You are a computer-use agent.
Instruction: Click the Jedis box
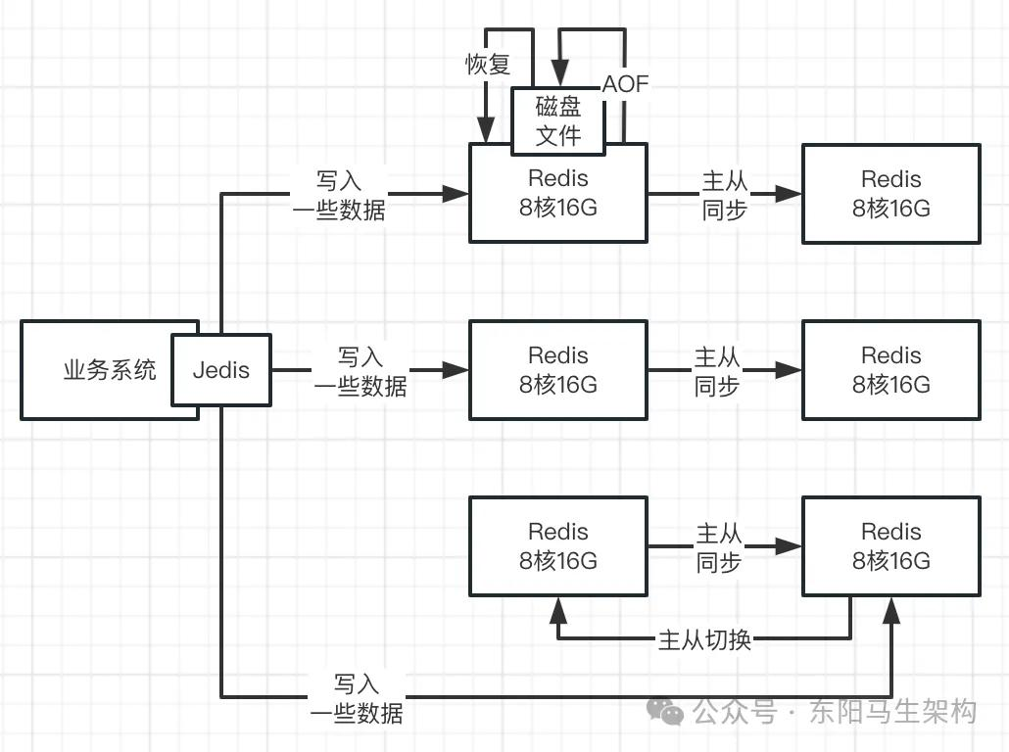click(220, 370)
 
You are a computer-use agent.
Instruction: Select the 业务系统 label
click(110, 370)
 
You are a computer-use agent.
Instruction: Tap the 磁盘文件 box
click(558, 121)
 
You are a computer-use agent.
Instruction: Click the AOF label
click(625, 83)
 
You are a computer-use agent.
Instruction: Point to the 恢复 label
click(488, 64)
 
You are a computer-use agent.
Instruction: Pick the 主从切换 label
click(704, 640)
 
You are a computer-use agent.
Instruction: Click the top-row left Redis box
click(558, 193)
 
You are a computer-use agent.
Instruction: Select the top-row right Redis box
click(891, 194)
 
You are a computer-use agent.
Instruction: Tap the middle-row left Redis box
click(558, 370)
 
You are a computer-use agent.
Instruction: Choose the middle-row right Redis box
click(891, 370)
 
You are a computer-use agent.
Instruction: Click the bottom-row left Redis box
click(558, 546)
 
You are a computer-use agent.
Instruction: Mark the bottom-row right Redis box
click(891, 546)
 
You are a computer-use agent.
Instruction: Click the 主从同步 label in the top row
click(725, 195)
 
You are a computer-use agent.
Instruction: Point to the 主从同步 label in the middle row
click(717, 371)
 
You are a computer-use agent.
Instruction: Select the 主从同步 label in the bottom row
click(719, 547)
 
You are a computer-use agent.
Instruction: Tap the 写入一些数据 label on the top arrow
click(339, 195)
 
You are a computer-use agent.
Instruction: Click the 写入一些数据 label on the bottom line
click(357, 698)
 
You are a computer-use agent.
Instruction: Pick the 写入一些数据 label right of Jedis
click(360, 371)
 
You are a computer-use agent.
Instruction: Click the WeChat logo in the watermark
click(665, 711)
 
